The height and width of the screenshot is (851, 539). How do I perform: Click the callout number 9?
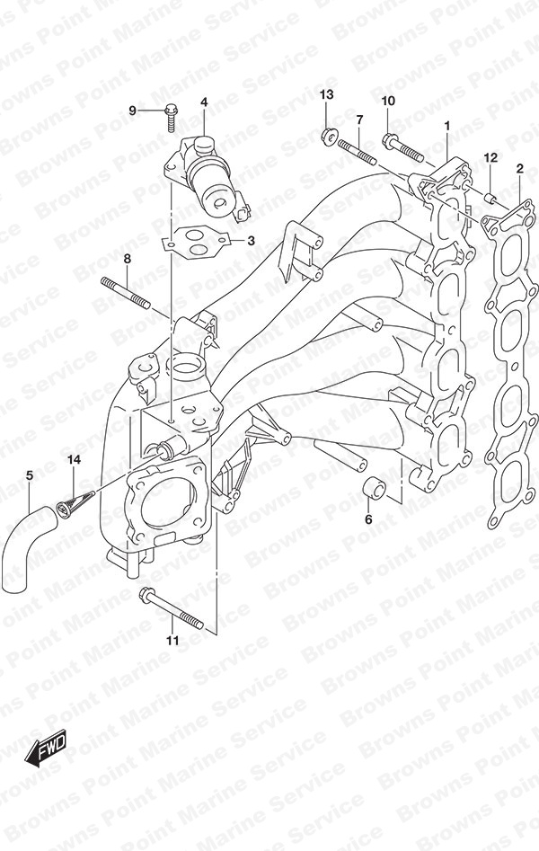(132, 111)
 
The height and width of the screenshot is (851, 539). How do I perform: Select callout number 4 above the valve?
(204, 102)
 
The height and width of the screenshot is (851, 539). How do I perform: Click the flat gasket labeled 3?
(198, 241)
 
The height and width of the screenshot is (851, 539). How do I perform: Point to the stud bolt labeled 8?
(125, 293)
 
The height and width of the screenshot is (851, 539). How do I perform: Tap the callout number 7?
(358, 120)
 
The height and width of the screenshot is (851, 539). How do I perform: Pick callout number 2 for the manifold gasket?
(519, 169)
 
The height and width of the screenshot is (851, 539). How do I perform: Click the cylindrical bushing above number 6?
(373, 487)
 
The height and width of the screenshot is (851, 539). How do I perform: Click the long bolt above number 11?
(171, 607)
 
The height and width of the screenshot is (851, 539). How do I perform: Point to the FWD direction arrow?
(45, 750)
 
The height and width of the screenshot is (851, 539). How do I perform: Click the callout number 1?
(446, 127)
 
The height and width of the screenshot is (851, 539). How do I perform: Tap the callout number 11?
(172, 641)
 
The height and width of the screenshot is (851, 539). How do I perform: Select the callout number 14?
(74, 460)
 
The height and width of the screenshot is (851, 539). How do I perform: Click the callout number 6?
(368, 519)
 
